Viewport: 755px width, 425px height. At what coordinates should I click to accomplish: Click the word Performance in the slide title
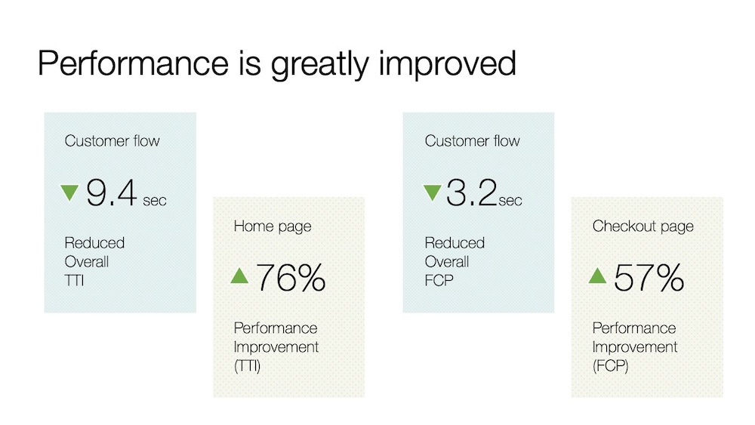(x=134, y=63)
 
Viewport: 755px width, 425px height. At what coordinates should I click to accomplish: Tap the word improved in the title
(x=447, y=63)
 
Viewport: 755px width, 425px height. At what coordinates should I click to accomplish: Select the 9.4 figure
(x=112, y=193)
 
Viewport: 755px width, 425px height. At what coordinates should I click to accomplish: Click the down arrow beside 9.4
(x=69, y=192)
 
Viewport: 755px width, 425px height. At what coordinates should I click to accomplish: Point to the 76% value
(x=291, y=278)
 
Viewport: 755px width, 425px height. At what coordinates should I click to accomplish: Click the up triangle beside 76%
(x=239, y=276)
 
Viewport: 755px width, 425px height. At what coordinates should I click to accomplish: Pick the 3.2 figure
(x=471, y=192)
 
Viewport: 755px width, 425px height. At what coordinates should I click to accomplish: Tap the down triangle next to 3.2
(x=432, y=192)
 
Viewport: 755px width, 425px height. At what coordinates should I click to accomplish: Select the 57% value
(x=649, y=278)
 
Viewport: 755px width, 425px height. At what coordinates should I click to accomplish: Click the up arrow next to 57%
(x=597, y=276)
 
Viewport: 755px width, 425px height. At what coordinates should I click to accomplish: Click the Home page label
(x=273, y=226)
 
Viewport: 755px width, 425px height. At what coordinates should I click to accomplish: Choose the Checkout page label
(x=643, y=226)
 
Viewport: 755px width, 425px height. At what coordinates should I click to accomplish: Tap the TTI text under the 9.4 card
(x=74, y=280)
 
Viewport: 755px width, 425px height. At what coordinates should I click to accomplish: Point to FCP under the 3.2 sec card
(x=439, y=280)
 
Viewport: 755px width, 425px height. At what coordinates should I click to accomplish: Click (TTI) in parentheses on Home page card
(x=247, y=366)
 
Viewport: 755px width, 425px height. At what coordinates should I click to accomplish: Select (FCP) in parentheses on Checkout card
(x=611, y=366)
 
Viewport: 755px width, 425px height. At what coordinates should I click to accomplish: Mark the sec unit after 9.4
(x=155, y=201)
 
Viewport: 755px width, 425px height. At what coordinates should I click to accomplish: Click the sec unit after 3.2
(x=510, y=201)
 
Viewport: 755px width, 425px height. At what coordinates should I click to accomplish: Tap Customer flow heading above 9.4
(x=112, y=141)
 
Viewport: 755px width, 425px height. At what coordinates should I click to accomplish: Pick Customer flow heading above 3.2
(x=473, y=141)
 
